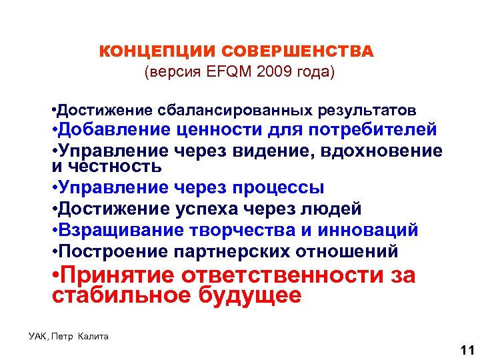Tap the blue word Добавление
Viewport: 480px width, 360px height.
[x=116, y=128]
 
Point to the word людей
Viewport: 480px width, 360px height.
[x=332, y=209]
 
